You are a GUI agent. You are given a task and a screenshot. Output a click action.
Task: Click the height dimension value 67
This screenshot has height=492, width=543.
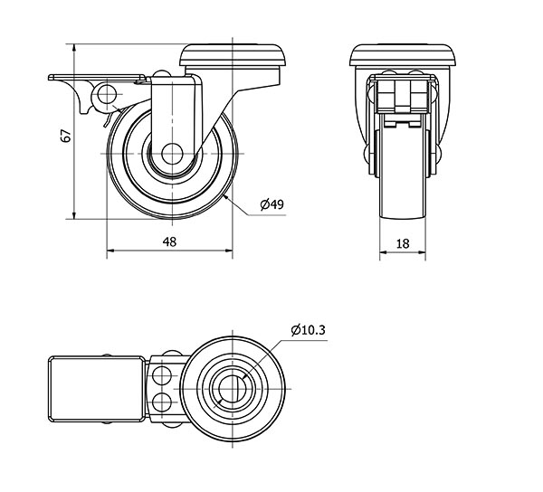click(x=66, y=136)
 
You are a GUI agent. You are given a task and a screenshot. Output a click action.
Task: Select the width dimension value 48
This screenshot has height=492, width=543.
click(x=170, y=241)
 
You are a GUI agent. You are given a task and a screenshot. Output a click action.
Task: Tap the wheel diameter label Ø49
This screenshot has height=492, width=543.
click(x=271, y=204)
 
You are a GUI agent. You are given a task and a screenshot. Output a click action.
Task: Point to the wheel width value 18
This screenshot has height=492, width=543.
click(x=403, y=244)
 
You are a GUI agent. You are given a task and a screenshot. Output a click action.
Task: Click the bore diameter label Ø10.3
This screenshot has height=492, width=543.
click(x=309, y=330)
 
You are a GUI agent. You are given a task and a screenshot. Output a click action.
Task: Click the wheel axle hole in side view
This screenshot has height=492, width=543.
click(x=172, y=154)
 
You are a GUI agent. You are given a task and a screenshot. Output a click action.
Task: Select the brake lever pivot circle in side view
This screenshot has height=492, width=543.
click(x=107, y=94)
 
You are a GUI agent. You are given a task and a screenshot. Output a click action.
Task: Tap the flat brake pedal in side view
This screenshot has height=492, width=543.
click(x=97, y=77)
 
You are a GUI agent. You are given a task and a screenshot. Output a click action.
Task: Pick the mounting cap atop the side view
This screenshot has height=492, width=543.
click(x=233, y=55)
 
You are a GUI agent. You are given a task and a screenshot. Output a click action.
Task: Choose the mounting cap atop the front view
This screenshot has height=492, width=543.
click(x=403, y=55)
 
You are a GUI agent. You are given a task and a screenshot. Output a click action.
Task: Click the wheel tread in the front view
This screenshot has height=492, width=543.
click(x=403, y=166)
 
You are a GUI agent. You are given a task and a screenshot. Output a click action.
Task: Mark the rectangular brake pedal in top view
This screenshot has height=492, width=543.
click(x=96, y=389)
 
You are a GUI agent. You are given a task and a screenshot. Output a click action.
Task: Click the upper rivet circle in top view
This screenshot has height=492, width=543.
click(x=162, y=375)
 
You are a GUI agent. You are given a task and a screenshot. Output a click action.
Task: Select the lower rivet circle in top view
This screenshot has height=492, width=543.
click(x=162, y=402)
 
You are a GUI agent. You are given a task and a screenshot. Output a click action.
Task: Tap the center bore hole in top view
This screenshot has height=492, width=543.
click(x=233, y=389)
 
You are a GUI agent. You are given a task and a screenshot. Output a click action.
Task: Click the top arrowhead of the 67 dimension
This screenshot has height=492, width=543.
click(x=74, y=48)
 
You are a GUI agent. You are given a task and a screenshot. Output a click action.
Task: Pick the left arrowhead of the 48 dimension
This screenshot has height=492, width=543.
click(x=110, y=251)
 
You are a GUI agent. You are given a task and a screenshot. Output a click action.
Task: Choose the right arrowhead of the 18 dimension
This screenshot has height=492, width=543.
click(x=422, y=252)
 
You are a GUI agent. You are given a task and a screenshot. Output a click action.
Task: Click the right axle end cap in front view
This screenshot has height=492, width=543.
click(x=437, y=153)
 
